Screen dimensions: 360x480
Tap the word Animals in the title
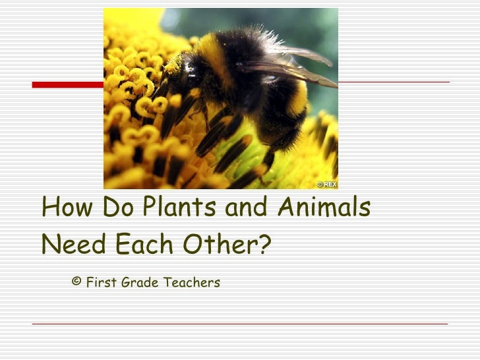click(x=323, y=208)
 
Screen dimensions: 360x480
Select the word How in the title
click(x=65, y=208)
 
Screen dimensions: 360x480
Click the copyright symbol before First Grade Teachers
click(x=76, y=282)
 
